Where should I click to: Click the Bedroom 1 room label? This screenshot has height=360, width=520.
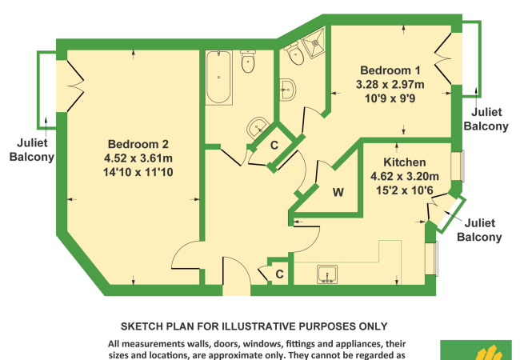click(x=390, y=70)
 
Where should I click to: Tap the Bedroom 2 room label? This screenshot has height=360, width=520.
click(x=138, y=144)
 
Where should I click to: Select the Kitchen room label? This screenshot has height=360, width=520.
click(x=405, y=162)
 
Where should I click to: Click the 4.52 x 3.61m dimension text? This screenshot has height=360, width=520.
click(x=138, y=158)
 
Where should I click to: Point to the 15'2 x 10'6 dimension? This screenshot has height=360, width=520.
click(x=405, y=190)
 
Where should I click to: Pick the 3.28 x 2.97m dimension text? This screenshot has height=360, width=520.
click(x=390, y=85)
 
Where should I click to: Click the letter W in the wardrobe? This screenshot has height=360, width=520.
click(x=338, y=192)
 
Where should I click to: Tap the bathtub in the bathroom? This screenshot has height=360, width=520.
click(x=218, y=78)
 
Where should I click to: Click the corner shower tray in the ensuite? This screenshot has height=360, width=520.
click(x=313, y=42)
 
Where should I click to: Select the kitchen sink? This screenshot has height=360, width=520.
click(x=327, y=274)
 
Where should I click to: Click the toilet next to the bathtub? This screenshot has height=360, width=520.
click(x=248, y=61)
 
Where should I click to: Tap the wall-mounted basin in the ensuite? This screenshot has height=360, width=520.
click(x=287, y=90)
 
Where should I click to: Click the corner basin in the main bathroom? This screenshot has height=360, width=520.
click(x=257, y=128)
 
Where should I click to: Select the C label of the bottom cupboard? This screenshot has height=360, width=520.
click(x=279, y=274)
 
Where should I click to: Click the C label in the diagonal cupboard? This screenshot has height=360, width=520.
click(x=274, y=145)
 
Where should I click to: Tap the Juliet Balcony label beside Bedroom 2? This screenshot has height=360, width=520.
click(x=32, y=150)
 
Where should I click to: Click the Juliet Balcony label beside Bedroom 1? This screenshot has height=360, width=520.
click(x=486, y=119)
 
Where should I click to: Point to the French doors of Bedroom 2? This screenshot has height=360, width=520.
click(x=75, y=86)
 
